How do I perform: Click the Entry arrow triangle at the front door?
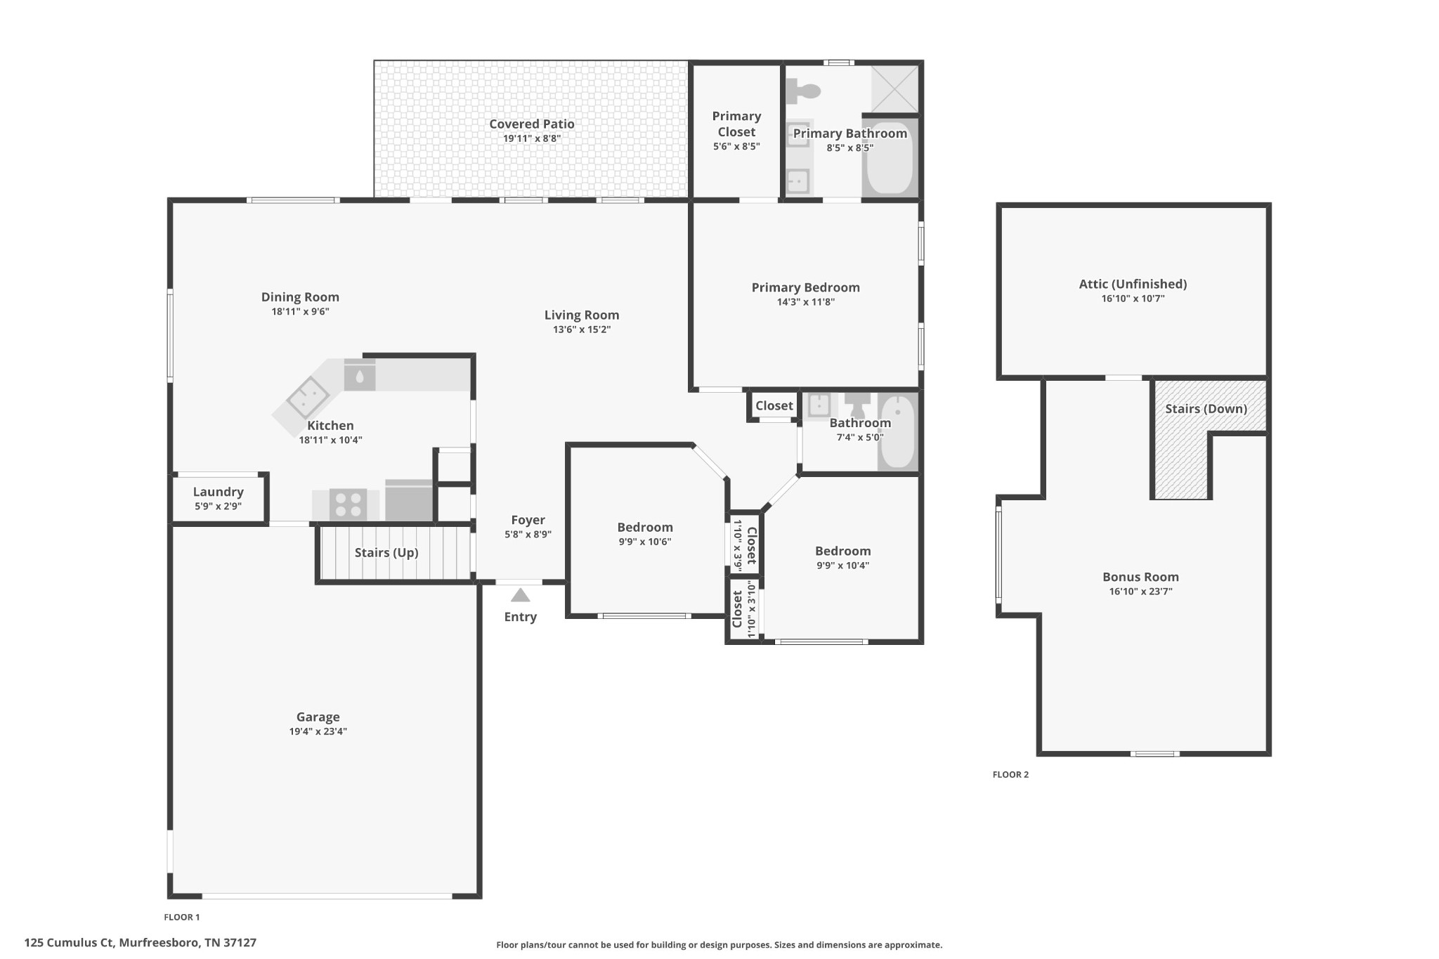click(x=520, y=595)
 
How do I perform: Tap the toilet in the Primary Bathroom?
click(x=803, y=91)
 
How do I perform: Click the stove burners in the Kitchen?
click(x=349, y=504)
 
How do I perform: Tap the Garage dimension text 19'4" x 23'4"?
click(x=318, y=731)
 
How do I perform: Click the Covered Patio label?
click(x=532, y=124)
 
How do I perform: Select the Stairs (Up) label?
click(x=386, y=553)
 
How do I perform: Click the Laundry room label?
click(x=219, y=492)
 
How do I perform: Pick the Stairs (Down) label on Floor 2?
click(x=1206, y=409)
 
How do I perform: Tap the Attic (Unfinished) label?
click(x=1133, y=284)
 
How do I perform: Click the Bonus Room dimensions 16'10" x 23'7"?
click(x=1140, y=592)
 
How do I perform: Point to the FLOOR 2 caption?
click(x=1010, y=774)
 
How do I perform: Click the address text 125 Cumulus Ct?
click(x=69, y=943)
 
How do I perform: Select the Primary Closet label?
click(x=736, y=124)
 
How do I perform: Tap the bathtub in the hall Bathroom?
click(x=897, y=432)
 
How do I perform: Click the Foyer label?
click(x=528, y=520)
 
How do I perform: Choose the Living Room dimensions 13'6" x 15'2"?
click(x=582, y=330)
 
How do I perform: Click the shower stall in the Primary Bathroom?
click(x=894, y=89)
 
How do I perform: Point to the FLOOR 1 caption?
click(x=182, y=917)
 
